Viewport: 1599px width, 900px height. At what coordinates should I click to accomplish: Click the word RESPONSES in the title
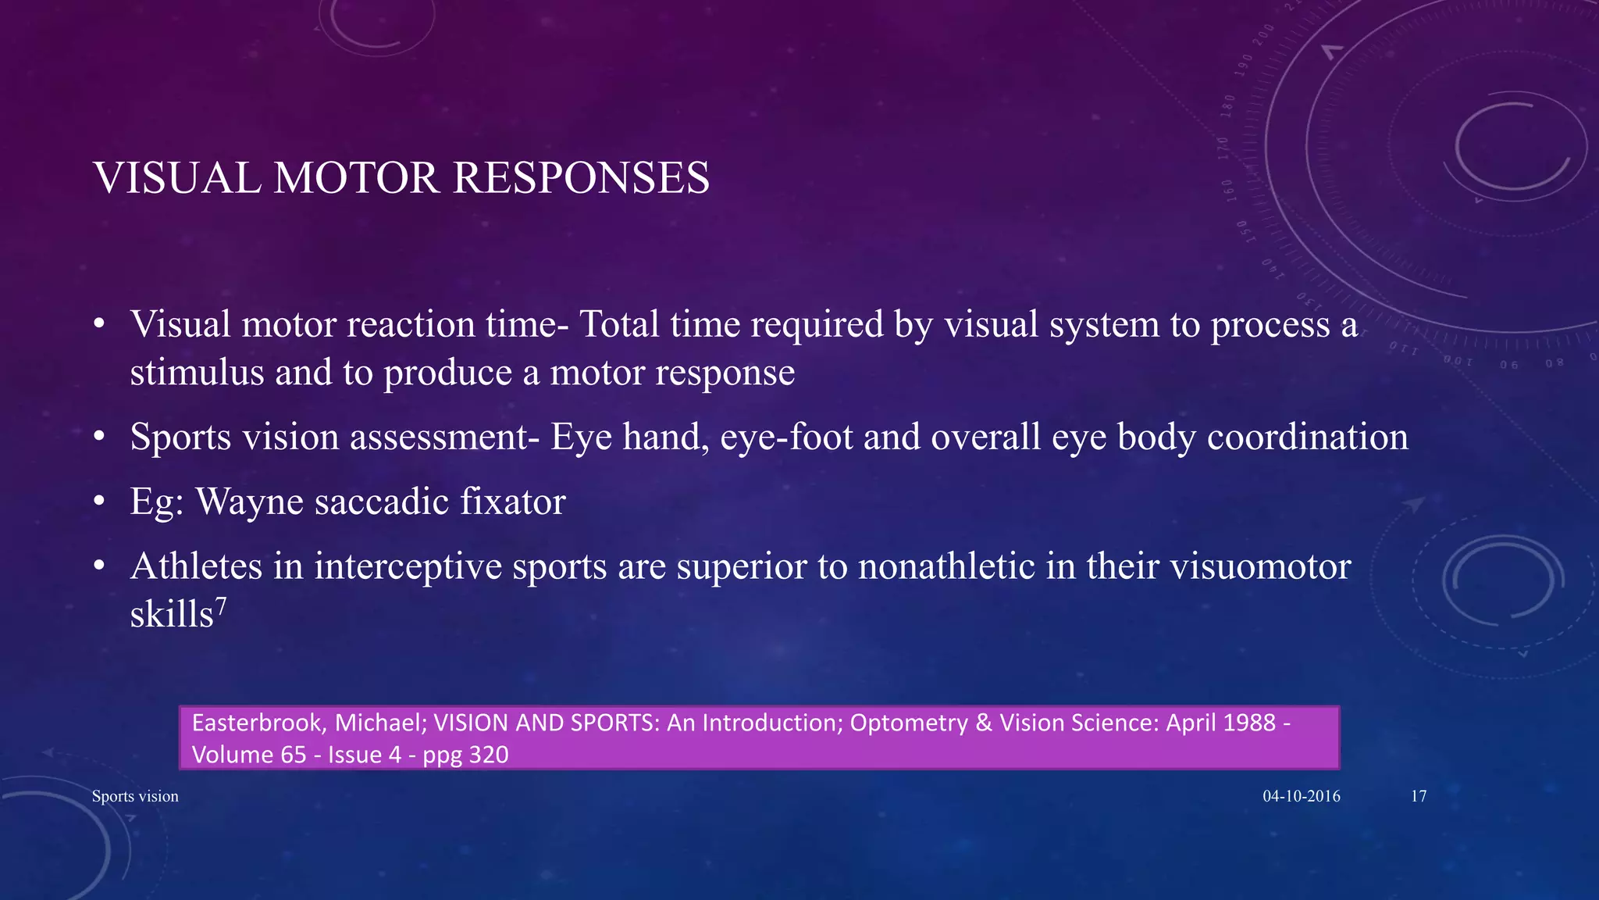pos(581,178)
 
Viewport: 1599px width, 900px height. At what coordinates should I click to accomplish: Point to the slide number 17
pos(1419,796)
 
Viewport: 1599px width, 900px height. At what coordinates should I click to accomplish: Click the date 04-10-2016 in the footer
pos(1302,796)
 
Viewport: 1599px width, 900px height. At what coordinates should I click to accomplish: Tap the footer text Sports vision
pos(135,796)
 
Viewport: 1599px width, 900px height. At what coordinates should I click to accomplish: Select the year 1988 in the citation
pos(1249,723)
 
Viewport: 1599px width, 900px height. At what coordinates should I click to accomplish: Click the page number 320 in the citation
pos(490,755)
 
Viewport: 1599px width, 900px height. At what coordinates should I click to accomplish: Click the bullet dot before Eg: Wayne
pos(98,502)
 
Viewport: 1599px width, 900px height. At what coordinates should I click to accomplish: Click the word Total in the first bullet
pos(619,324)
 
